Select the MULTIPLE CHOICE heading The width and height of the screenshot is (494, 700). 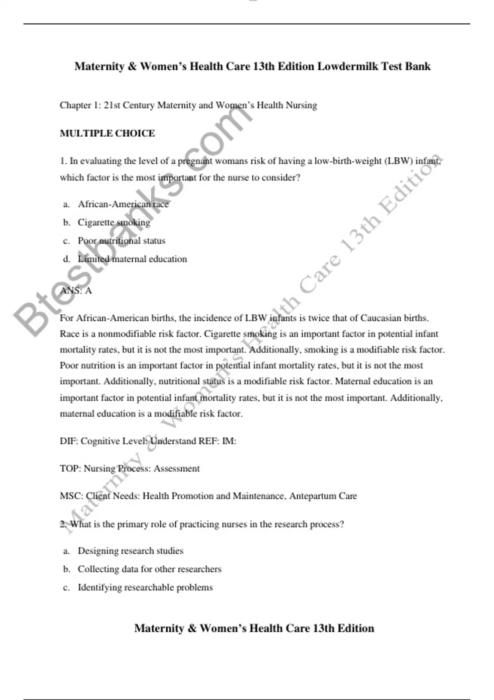coord(107,133)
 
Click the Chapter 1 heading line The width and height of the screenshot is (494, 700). coord(188,105)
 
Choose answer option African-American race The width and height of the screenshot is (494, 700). coord(123,204)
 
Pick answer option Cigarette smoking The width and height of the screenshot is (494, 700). coord(114,222)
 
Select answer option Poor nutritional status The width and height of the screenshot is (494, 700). coord(121,241)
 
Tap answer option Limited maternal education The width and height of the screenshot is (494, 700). coord(132,259)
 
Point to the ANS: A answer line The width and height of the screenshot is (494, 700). coord(76,291)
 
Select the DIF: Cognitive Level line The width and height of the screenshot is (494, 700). coord(148,441)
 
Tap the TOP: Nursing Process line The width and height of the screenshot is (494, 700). coord(130,469)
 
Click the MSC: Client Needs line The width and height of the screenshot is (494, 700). coord(208,496)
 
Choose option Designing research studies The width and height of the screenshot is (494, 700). coord(130,551)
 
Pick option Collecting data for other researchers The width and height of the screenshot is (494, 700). coord(149,569)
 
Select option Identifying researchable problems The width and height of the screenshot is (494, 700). coord(145,588)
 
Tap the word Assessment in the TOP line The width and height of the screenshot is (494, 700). coord(177,469)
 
